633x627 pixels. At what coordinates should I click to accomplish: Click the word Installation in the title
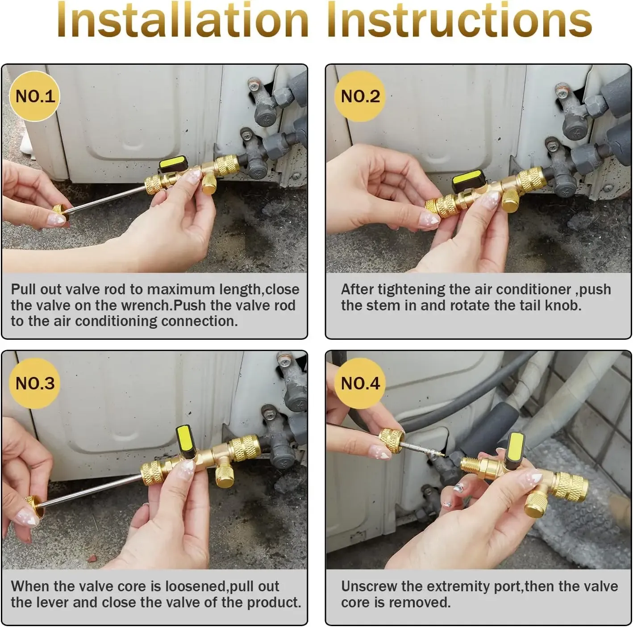[183, 20]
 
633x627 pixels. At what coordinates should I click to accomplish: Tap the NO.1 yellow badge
[35, 96]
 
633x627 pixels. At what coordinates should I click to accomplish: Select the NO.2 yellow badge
[360, 96]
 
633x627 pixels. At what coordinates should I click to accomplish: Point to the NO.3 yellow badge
[35, 383]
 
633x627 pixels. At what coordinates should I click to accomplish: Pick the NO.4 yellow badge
[360, 383]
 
